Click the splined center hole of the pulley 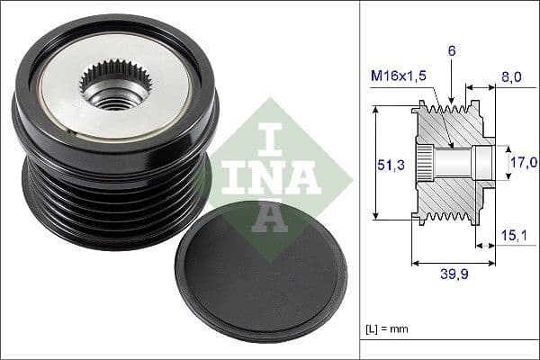(114, 86)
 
